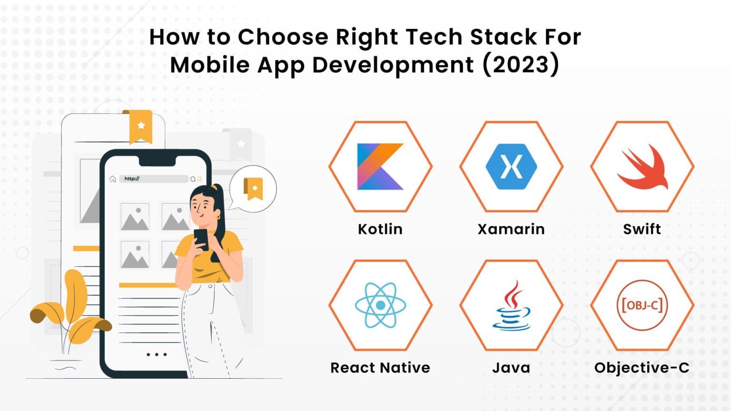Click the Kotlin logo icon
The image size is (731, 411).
pyautogui.click(x=380, y=166)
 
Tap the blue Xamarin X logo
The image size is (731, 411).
pyautogui.click(x=511, y=166)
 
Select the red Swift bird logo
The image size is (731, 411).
pyautogui.click(x=643, y=167)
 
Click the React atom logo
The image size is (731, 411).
pyautogui.click(x=380, y=305)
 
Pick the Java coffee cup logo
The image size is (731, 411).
pyautogui.click(x=511, y=306)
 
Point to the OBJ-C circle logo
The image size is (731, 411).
pyautogui.click(x=642, y=305)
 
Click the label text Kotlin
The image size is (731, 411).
pyautogui.click(x=380, y=229)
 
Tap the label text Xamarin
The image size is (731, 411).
pyautogui.click(x=511, y=229)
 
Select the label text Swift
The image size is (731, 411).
pyautogui.click(x=642, y=229)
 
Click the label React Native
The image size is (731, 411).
pyautogui.click(x=380, y=368)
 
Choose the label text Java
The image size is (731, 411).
pyautogui.click(x=511, y=368)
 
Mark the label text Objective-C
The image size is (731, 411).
pyautogui.click(x=642, y=368)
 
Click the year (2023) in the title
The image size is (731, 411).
pyautogui.click(x=521, y=65)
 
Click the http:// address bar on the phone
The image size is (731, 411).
pyautogui.click(x=153, y=179)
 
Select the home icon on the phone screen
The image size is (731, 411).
pyautogui.click(x=113, y=179)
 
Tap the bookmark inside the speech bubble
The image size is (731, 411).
pyautogui.click(x=254, y=188)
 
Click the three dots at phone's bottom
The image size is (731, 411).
pyautogui.click(x=157, y=354)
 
